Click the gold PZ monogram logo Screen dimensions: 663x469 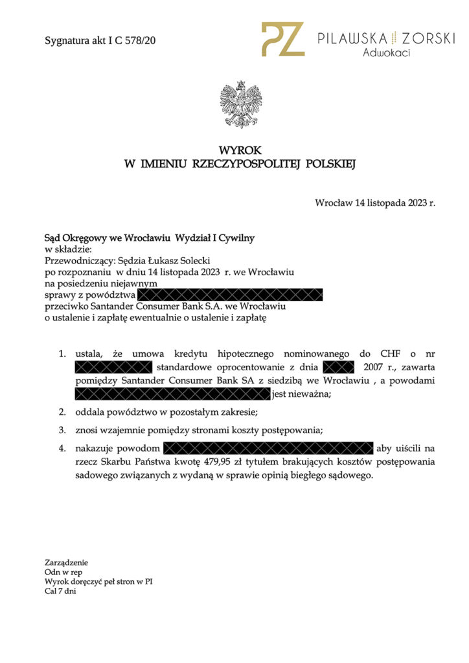tap(282, 39)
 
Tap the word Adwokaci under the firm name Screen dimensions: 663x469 tap(386, 53)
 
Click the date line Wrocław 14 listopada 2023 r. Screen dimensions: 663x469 tap(375, 203)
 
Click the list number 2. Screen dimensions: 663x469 tap(62, 412)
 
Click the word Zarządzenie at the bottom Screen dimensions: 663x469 tap(66, 563)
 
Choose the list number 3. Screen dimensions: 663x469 tap(62, 430)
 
